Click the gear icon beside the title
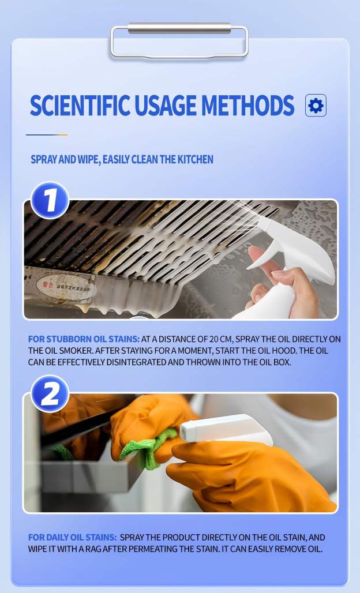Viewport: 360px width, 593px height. click(316, 106)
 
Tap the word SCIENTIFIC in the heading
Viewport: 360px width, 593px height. click(80, 106)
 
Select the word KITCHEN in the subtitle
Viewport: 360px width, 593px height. click(195, 159)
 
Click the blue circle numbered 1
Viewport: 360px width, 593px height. click(50, 200)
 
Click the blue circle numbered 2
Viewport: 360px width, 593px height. click(50, 393)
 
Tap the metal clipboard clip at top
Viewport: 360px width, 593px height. click(179, 41)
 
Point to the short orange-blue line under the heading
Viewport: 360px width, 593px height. click(47, 134)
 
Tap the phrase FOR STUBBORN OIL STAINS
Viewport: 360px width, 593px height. click(84, 339)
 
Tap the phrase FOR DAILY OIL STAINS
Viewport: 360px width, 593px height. click(72, 538)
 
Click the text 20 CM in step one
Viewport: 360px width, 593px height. click(221, 339)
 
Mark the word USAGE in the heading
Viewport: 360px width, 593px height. click(166, 106)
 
